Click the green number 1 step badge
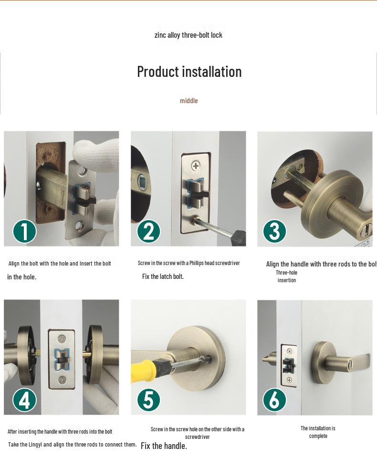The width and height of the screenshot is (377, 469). click(24, 231)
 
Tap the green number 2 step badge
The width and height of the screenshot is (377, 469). click(148, 231)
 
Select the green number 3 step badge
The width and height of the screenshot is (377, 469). click(274, 231)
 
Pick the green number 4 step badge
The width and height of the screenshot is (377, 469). click(24, 400)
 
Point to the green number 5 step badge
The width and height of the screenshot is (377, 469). click(148, 400)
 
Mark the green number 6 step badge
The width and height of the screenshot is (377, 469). click(274, 400)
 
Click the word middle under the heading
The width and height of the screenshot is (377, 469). click(188, 100)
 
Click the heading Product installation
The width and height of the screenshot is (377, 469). click(189, 72)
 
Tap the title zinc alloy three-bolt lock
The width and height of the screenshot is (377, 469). click(188, 35)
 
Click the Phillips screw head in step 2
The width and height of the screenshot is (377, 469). click(196, 165)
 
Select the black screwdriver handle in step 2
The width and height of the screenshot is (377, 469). click(239, 236)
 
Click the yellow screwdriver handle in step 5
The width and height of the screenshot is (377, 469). click(143, 374)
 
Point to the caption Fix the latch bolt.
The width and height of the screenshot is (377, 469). click(163, 277)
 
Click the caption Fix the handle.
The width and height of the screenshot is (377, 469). click(164, 446)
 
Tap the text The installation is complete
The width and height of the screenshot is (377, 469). click(318, 432)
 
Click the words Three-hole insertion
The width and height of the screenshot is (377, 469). click(286, 277)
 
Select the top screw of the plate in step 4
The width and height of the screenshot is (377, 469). click(62, 339)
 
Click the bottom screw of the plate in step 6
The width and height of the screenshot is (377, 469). click(289, 380)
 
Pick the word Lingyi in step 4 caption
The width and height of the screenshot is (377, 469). click(35, 445)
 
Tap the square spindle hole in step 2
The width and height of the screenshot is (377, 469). click(141, 181)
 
